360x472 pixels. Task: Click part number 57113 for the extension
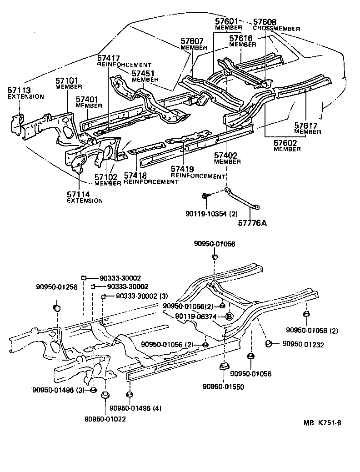18,90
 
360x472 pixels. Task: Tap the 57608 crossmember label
264,22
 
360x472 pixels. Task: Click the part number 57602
285,142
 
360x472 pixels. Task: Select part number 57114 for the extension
79,194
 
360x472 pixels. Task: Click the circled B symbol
230,316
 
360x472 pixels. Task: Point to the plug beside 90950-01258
57,309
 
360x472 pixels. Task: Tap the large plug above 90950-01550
223,367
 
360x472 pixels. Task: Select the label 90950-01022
105,419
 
